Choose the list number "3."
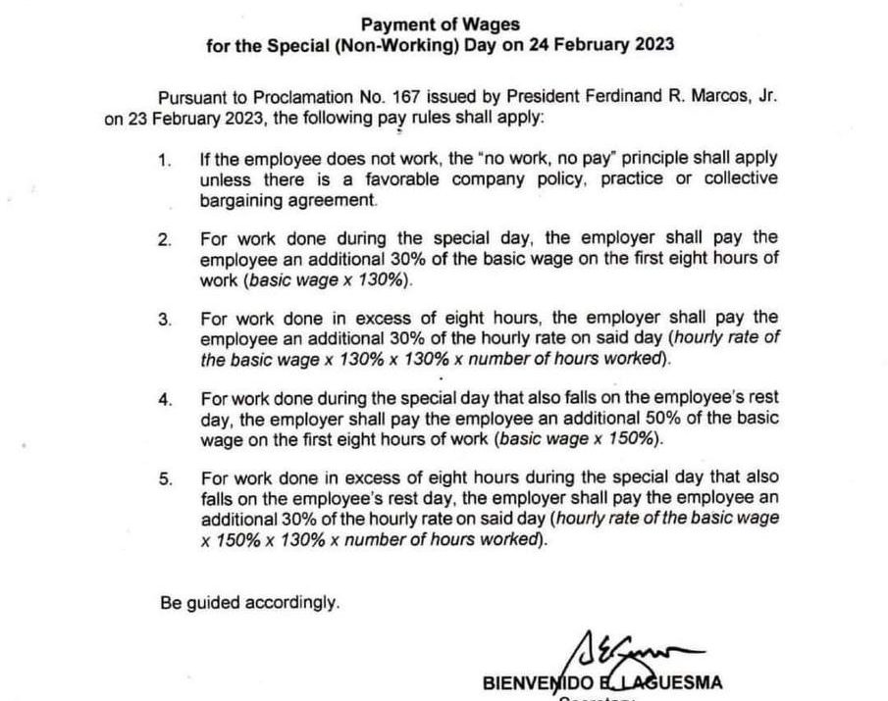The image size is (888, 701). coord(166,320)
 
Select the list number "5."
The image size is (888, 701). coord(166,479)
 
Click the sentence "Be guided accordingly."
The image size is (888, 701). coord(250,603)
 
